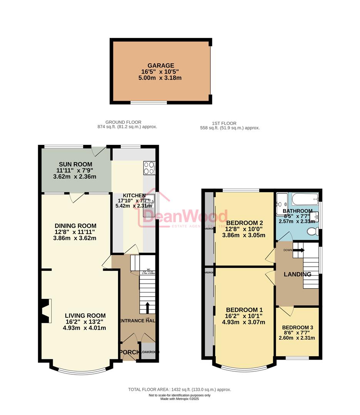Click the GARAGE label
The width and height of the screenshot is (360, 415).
tap(160, 65)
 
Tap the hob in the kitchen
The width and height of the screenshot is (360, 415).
tap(149, 168)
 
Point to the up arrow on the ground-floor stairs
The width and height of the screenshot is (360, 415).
tap(147, 306)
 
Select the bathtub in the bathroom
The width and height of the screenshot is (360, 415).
tap(304, 199)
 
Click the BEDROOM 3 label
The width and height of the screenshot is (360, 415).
tap(297, 327)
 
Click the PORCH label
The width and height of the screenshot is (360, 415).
tap(128, 352)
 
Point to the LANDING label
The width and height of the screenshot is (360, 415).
tap(297, 274)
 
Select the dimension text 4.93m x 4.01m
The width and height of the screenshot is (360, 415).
tap(85, 328)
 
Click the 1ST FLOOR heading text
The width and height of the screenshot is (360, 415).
tap(224, 123)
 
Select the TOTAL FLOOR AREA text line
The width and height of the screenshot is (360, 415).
tap(180, 390)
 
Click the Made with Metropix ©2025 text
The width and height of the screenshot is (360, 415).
tap(180, 399)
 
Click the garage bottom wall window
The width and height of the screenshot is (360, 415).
tap(148, 103)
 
